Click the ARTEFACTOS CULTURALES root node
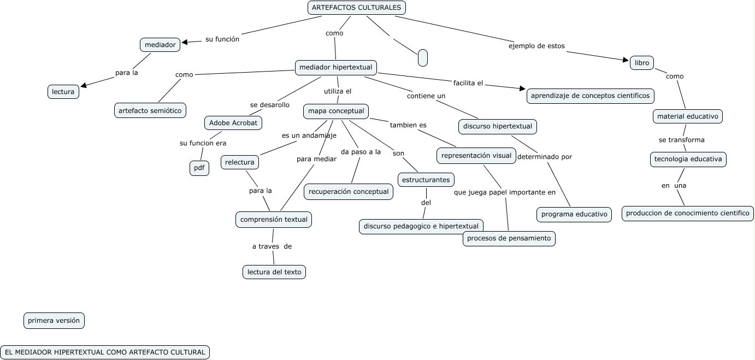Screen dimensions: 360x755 point(357,8)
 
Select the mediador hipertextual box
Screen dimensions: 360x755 point(336,67)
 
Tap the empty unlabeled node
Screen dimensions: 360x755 point(422,57)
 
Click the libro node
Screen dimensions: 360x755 point(642,63)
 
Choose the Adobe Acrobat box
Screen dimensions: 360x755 point(233,123)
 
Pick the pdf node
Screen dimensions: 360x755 point(199,168)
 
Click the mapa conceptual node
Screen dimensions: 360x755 point(336,111)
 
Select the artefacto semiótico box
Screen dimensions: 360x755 point(150,110)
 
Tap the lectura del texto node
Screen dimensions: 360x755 point(274,272)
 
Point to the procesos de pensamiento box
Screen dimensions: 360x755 point(509,239)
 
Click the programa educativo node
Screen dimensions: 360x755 point(574,214)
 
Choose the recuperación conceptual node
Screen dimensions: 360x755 point(349,192)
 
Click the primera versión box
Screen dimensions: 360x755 point(54,321)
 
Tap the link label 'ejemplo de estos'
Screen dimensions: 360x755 point(536,46)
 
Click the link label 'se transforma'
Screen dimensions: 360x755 point(681,140)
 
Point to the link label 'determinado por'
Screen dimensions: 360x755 point(544,157)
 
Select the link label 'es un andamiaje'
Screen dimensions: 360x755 point(309,135)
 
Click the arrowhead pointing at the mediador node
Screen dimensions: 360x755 point(185,42)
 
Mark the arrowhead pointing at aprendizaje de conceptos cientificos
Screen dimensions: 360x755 point(521,88)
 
